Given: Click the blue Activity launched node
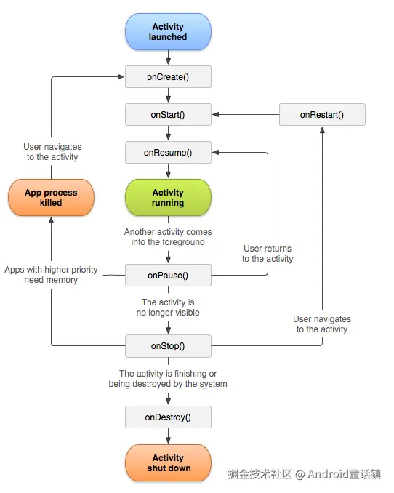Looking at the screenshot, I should pos(168,32).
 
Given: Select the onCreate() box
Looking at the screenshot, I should pos(168,76).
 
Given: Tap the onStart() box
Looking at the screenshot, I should pos(168,115).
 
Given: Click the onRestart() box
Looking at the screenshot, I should pos(322,115).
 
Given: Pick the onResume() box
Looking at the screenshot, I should pos(168,153).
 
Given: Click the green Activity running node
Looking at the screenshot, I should pos(168,198).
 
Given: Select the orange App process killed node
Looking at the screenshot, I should pos(51,198).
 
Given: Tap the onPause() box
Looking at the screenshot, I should pos(168,276).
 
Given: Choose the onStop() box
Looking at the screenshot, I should pos(168,346).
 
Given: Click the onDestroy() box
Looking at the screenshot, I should pos(168,417).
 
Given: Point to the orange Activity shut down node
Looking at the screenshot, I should pos(168,463).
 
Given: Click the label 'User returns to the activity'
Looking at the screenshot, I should pos(268,254).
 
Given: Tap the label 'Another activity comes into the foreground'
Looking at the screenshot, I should pos(168,237).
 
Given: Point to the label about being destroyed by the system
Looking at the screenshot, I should pos(168,379).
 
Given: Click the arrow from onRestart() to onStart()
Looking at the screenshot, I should pos(246,115).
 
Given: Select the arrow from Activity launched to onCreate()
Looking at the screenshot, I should pos(168,57).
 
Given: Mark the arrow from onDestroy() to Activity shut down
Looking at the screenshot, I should pos(168,436).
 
